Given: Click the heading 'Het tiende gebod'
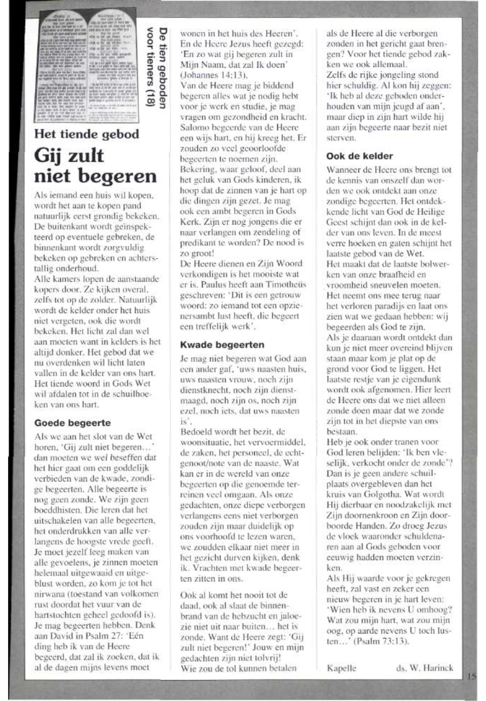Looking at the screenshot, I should coord(86,134).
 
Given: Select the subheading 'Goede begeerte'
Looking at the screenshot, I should coord(72,423).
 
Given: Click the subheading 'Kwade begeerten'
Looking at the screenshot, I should coord(222,345).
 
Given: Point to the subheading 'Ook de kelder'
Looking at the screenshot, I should coord(359,156).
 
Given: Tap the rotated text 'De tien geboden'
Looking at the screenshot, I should coord(164,69).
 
